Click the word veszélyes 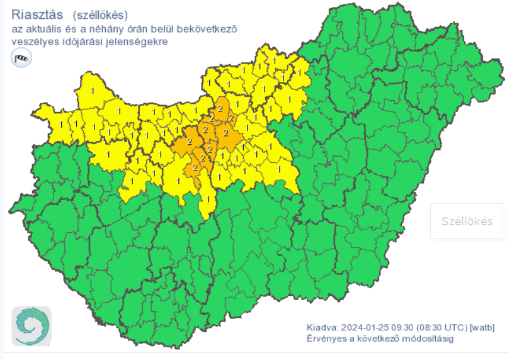pyautogui.click(x=32, y=42)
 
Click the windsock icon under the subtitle pyautogui.click(x=21, y=59)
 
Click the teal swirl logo pyautogui.click(x=31, y=327)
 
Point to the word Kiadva pyautogui.click(x=322, y=328)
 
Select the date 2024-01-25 pyautogui.click(x=363, y=328)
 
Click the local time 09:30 pyautogui.click(x=401, y=328)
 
